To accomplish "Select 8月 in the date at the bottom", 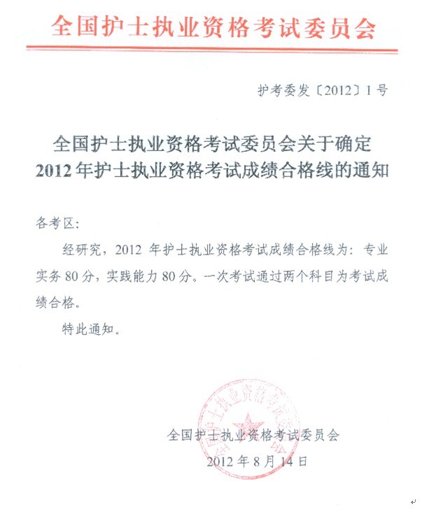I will tap(270, 462).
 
